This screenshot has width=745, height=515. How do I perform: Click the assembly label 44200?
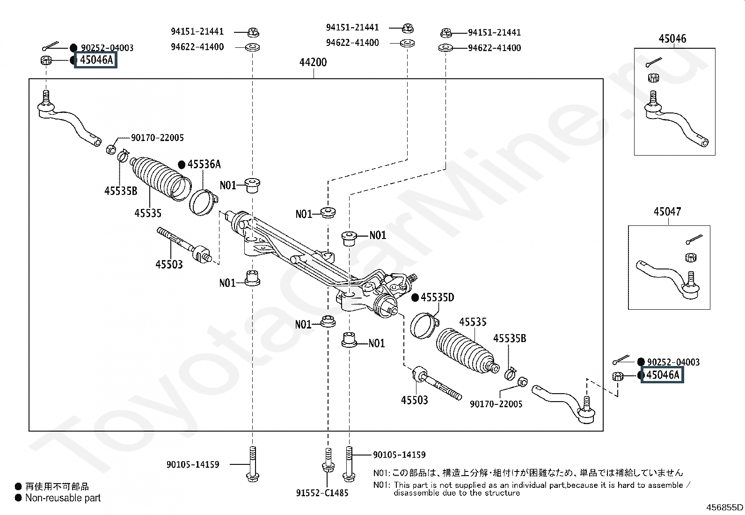point(313,62)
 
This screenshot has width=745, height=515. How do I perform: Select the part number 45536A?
point(204,164)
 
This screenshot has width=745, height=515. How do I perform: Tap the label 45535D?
point(438,297)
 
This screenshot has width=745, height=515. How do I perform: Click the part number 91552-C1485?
point(322,493)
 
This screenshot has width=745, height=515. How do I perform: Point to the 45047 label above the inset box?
point(667,211)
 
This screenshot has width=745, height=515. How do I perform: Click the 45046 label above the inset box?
point(672,38)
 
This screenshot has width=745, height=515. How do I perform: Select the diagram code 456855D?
point(724,507)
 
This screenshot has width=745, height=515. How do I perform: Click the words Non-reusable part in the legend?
point(63,498)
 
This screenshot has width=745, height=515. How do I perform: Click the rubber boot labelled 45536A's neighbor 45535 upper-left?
point(160,178)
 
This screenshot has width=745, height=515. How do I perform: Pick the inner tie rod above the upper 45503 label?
point(184,245)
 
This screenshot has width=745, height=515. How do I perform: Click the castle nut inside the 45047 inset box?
point(691,258)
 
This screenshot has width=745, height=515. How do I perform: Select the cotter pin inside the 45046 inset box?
point(654,62)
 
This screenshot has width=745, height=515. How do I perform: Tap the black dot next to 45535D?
point(415,298)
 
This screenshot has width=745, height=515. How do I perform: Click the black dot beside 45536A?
point(182,164)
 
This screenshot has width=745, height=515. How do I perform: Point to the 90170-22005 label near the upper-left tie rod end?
point(157,138)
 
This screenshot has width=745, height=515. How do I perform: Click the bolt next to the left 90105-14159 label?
point(252,464)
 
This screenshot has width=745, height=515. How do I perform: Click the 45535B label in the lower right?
point(510,338)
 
